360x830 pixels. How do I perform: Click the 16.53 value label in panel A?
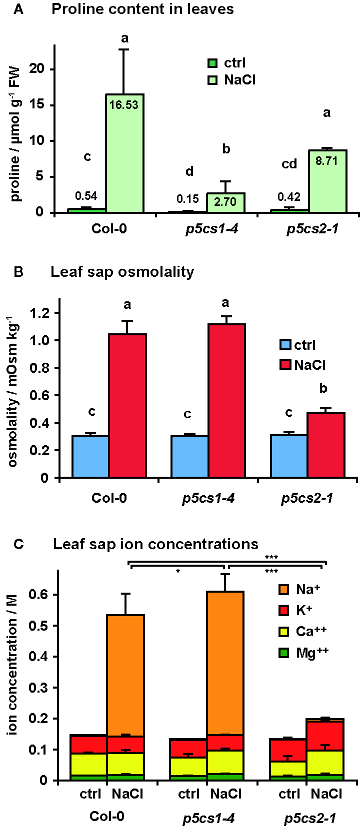click(x=124, y=105)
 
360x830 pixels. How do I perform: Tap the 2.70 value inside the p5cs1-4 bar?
click(x=225, y=202)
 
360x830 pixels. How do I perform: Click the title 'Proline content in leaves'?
click(x=142, y=9)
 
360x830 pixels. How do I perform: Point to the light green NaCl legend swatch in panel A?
click(x=212, y=80)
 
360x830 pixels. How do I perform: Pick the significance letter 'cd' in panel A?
click(x=289, y=164)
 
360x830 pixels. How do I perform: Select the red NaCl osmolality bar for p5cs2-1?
click(x=326, y=445)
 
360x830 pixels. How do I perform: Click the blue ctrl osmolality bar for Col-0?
click(x=90, y=456)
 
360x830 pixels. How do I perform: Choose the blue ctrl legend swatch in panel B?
click(x=285, y=345)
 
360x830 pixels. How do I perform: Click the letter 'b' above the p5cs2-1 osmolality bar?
click(x=323, y=388)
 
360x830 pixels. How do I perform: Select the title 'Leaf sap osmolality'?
click(x=122, y=271)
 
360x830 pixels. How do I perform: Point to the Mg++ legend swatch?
click(x=283, y=653)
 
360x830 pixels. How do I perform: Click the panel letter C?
click(x=18, y=544)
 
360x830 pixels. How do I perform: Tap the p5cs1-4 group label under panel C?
click(x=208, y=819)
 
